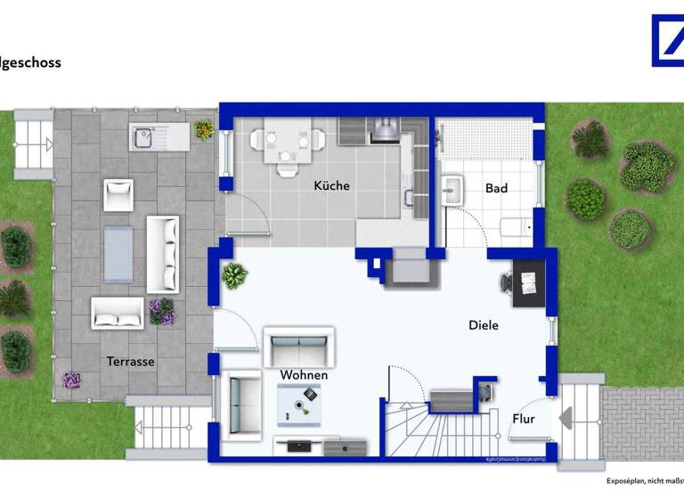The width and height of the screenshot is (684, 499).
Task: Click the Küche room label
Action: [x=331, y=186]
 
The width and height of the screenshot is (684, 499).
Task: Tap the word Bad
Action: [x=496, y=188]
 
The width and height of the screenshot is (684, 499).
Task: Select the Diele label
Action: [x=484, y=325]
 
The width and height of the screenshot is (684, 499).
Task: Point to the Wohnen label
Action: [x=304, y=375]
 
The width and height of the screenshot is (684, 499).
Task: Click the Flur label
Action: [x=524, y=418]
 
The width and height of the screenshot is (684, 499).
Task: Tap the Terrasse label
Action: [x=131, y=362]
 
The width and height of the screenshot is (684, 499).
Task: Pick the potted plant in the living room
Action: [x=235, y=275]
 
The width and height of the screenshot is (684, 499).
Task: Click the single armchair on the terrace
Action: [x=118, y=194]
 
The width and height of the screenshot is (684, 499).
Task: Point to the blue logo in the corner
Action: [x=668, y=40]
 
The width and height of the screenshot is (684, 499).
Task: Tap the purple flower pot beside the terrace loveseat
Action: [x=162, y=311]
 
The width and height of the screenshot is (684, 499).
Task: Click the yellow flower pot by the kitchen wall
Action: [x=204, y=130]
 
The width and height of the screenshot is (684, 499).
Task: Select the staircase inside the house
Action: [x=436, y=428]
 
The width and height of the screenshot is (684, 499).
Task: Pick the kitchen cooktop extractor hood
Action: [x=386, y=132]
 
